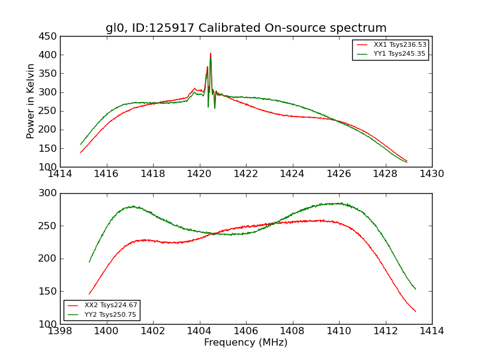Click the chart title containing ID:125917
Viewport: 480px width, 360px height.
(x=246, y=28)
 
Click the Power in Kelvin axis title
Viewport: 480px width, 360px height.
(x=31, y=101)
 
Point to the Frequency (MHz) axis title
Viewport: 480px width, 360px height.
(x=246, y=343)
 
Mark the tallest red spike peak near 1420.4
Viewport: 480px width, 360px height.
(x=211, y=53)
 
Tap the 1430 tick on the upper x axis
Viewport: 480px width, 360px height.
(x=432, y=174)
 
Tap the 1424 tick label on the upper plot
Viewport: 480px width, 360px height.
(x=293, y=174)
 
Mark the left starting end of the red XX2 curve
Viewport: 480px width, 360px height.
(x=89, y=294)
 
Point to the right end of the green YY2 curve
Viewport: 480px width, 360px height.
(x=415, y=289)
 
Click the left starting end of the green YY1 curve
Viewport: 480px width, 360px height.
(x=81, y=144)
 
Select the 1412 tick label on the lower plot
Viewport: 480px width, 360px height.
(x=385, y=331)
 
